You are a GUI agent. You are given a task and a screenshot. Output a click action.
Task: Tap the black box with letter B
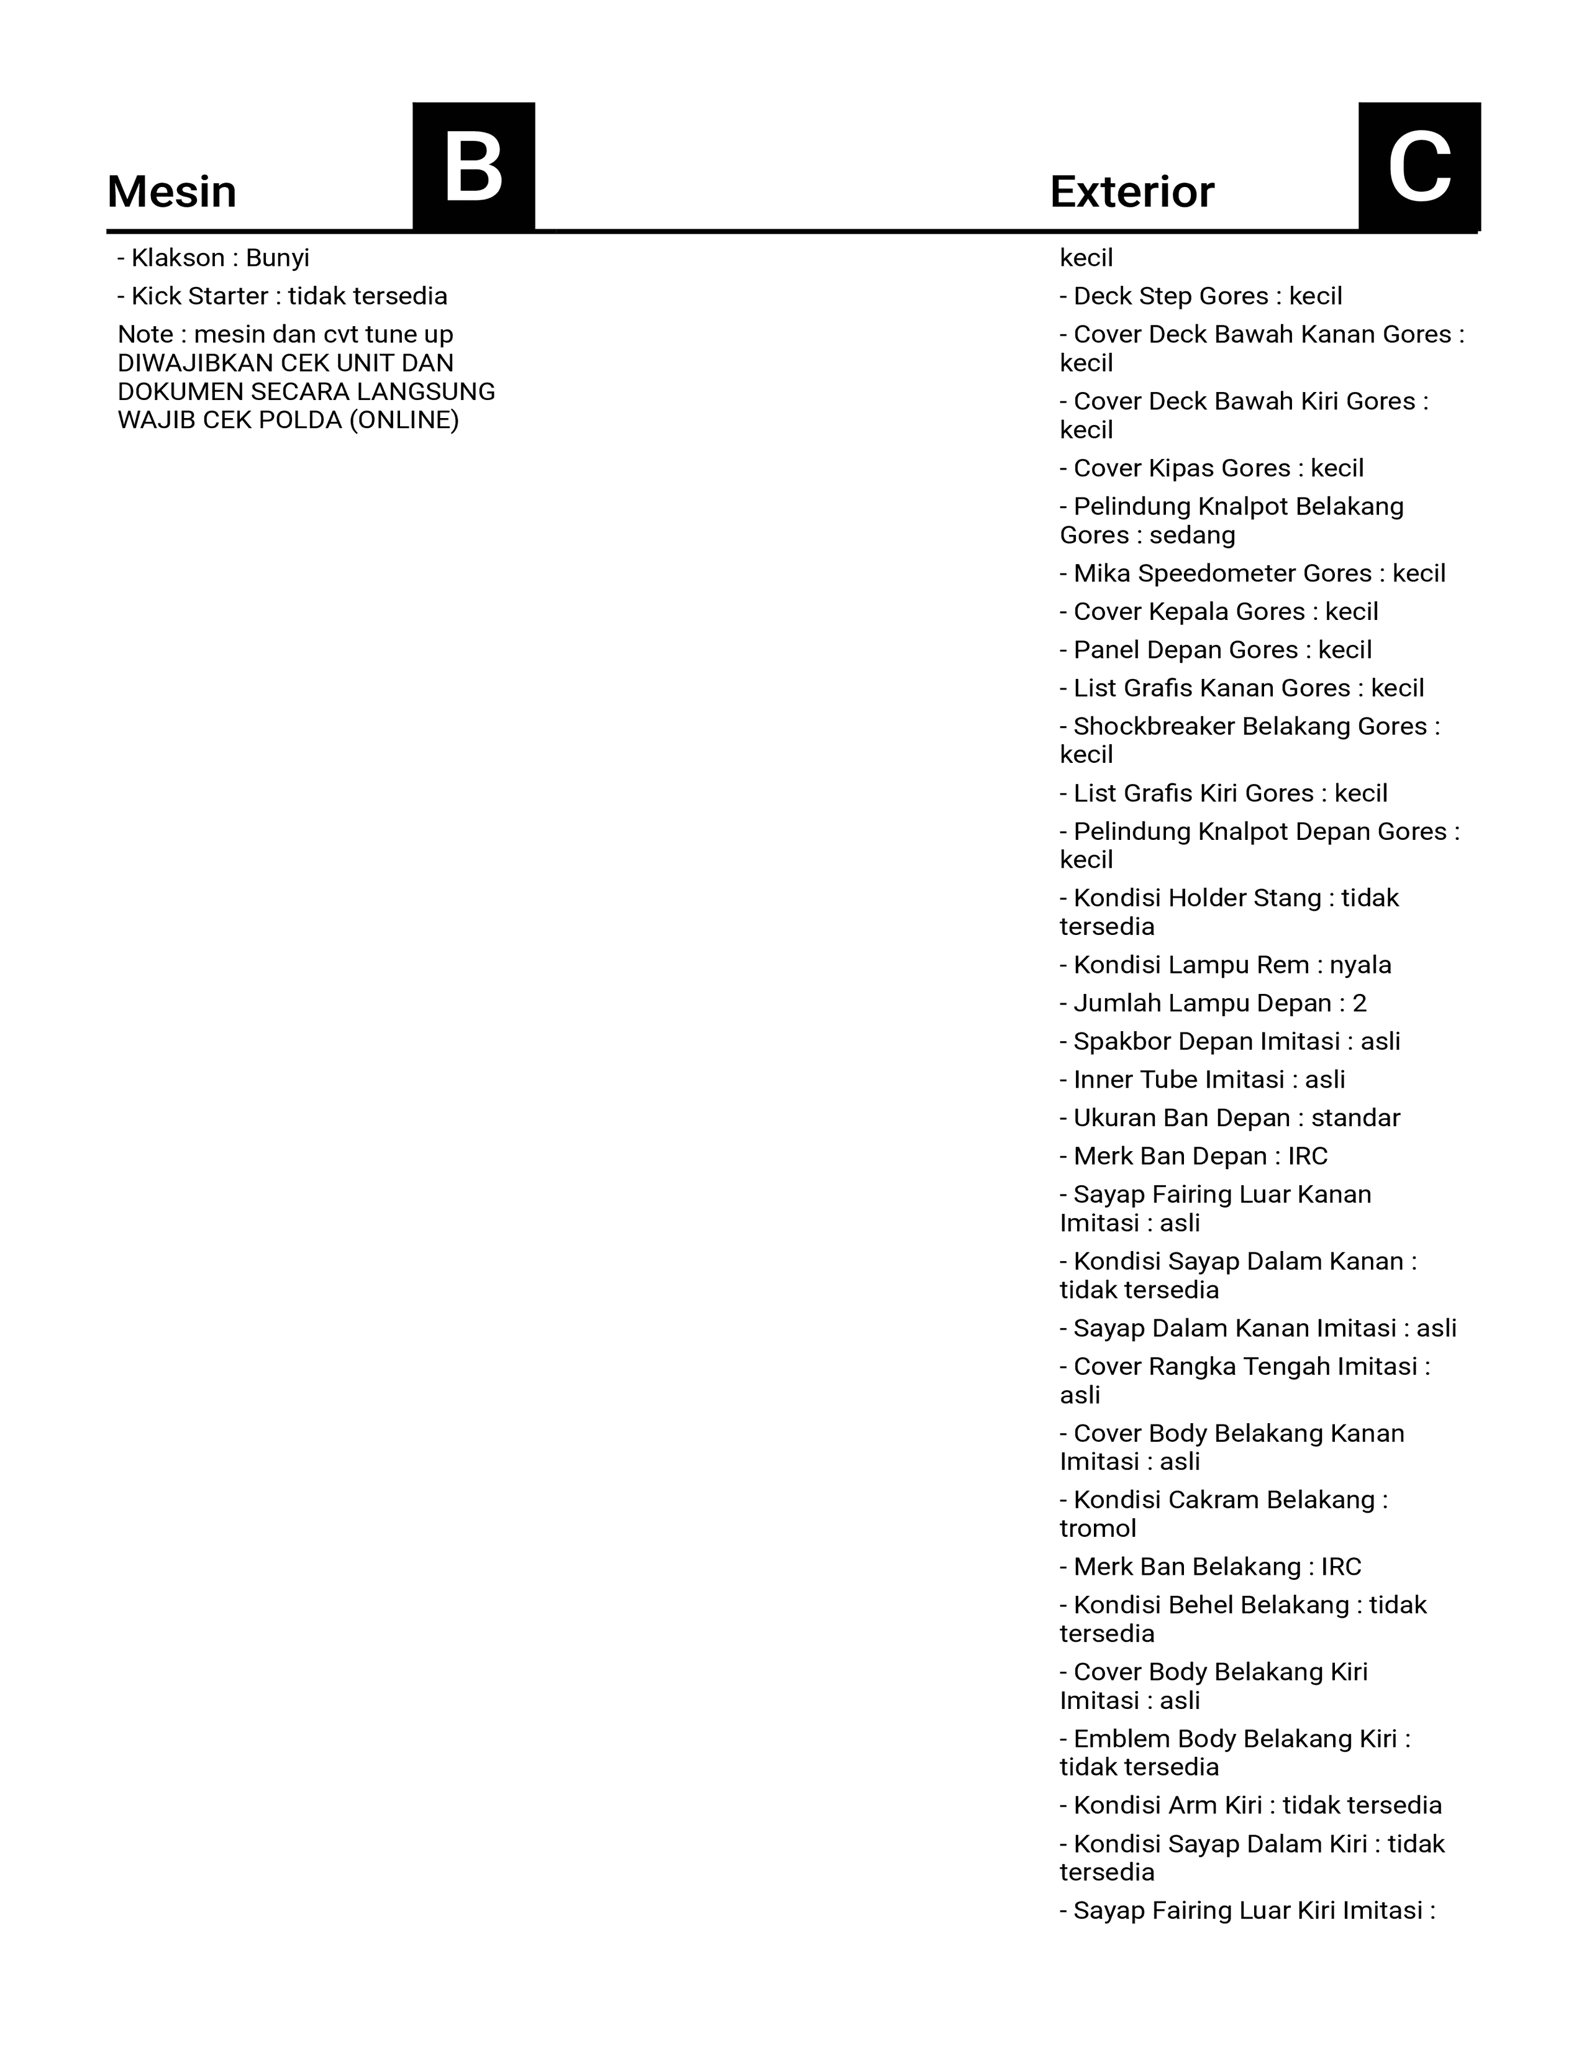(x=474, y=167)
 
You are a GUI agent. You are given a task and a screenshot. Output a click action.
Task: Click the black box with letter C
(x=1419, y=167)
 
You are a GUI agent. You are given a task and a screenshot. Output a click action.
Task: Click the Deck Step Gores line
(x=1201, y=296)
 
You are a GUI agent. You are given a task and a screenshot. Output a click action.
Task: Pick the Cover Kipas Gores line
(x=1211, y=468)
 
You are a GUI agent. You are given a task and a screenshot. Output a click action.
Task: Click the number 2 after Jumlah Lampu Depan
(x=1360, y=1003)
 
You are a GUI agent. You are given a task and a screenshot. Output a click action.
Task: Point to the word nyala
(x=1360, y=965)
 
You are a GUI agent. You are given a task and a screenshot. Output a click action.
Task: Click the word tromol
(x=1098, y=1529)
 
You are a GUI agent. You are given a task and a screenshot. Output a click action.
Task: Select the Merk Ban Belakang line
(x=1211, y=1567)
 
